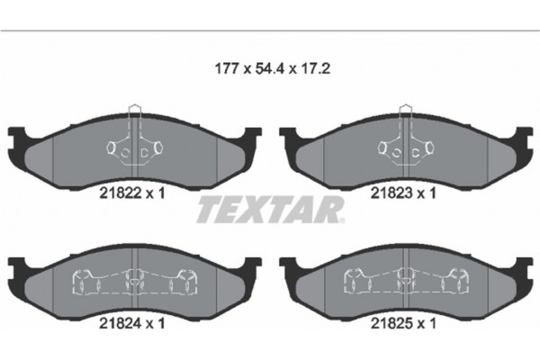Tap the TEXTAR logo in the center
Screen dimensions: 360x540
(270, 211)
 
